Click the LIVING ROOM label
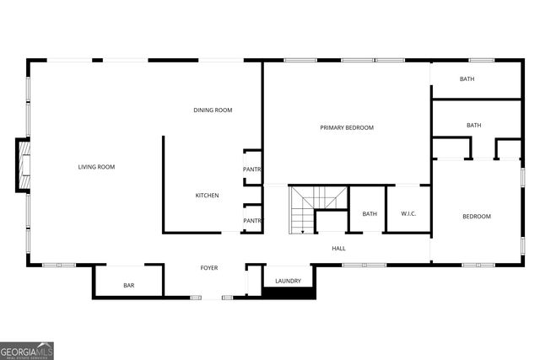(96, 167)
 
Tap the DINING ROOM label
(213, 110)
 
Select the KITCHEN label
(208, 196)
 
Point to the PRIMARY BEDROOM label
(346, 127)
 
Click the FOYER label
(209, 268)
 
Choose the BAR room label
(129, 286)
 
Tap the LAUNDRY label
(288, 281)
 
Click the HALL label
(338, 249)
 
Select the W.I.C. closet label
(409, 214)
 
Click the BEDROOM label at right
(476, 217)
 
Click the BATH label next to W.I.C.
(370, 214)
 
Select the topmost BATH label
(467, 79)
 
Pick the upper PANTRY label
(252, 169)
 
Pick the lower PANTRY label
(252, 221)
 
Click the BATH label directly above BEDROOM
(474, 126)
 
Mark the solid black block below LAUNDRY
(289, 293)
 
